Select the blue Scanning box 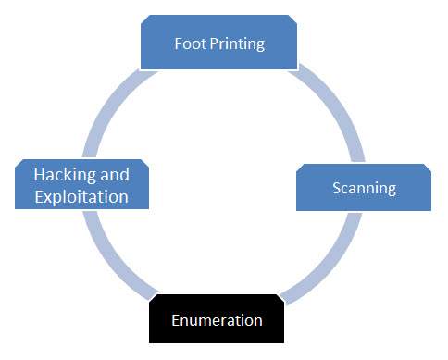point(364,188)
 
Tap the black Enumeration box point(217,320)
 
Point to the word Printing point(236,43)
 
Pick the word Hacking point(66,174)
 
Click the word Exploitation point(81,196)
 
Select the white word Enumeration point(217,320)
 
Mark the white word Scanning point(364,188)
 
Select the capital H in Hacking point(39,174)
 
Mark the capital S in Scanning point(336,188)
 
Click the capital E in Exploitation point(37,196)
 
